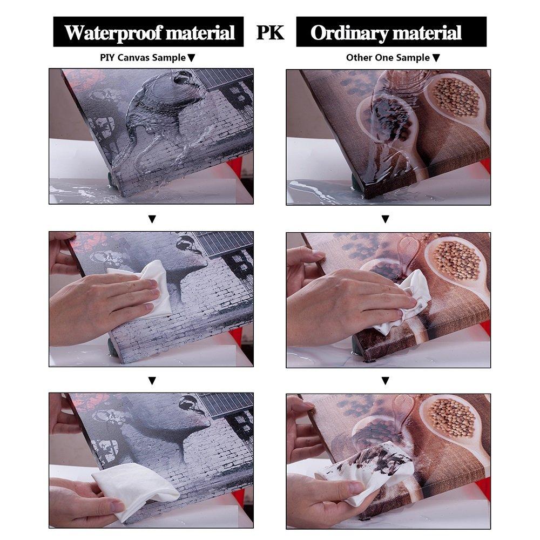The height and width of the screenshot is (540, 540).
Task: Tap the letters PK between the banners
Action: click(x=271, y=32)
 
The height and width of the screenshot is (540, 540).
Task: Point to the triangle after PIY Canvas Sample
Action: click(x=192, y=58)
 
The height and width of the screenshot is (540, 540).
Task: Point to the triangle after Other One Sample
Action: click(x=436, y=58)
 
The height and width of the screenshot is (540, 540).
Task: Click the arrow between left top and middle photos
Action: click(x=152, y=219)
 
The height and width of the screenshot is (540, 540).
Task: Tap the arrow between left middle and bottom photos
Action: click(x=152, y=381)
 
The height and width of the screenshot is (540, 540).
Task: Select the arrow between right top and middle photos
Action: click(x=386, y=219)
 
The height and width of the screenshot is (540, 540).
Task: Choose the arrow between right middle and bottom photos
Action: click(x=386, y=381)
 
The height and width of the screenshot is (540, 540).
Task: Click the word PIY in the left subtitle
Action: click(x=107, y=58)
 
